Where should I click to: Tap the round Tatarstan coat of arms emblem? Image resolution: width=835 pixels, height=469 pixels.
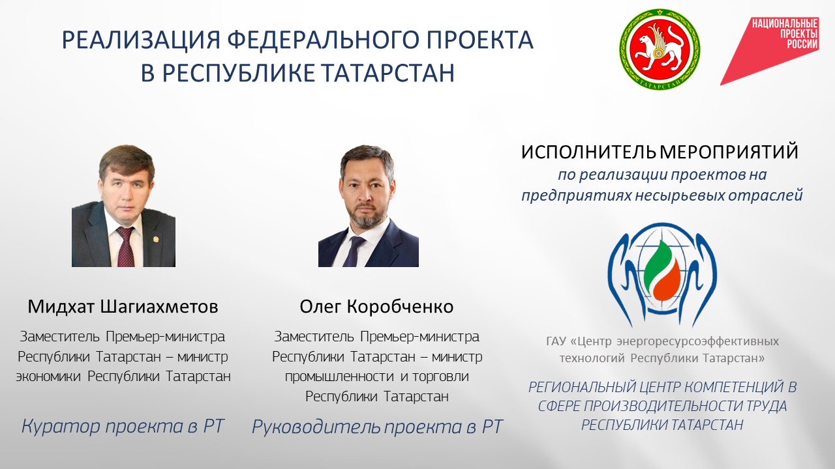tap(660, 49)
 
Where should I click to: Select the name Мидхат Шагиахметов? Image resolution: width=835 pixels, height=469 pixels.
tap(123, 307)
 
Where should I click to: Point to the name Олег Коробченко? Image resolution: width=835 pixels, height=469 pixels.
tap(376, 307)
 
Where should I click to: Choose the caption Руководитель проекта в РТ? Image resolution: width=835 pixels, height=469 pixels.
tap(378, 427)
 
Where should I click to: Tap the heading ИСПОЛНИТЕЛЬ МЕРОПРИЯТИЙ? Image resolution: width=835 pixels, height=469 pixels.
tap(660, 152)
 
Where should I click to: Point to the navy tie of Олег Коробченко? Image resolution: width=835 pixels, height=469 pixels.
tap(353, 251)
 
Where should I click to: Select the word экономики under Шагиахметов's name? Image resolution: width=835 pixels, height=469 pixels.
tap(48, 377)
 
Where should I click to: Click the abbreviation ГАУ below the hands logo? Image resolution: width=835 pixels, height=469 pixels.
tap(556, 341)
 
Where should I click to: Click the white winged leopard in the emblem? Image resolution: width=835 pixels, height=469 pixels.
tap(659, 46)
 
